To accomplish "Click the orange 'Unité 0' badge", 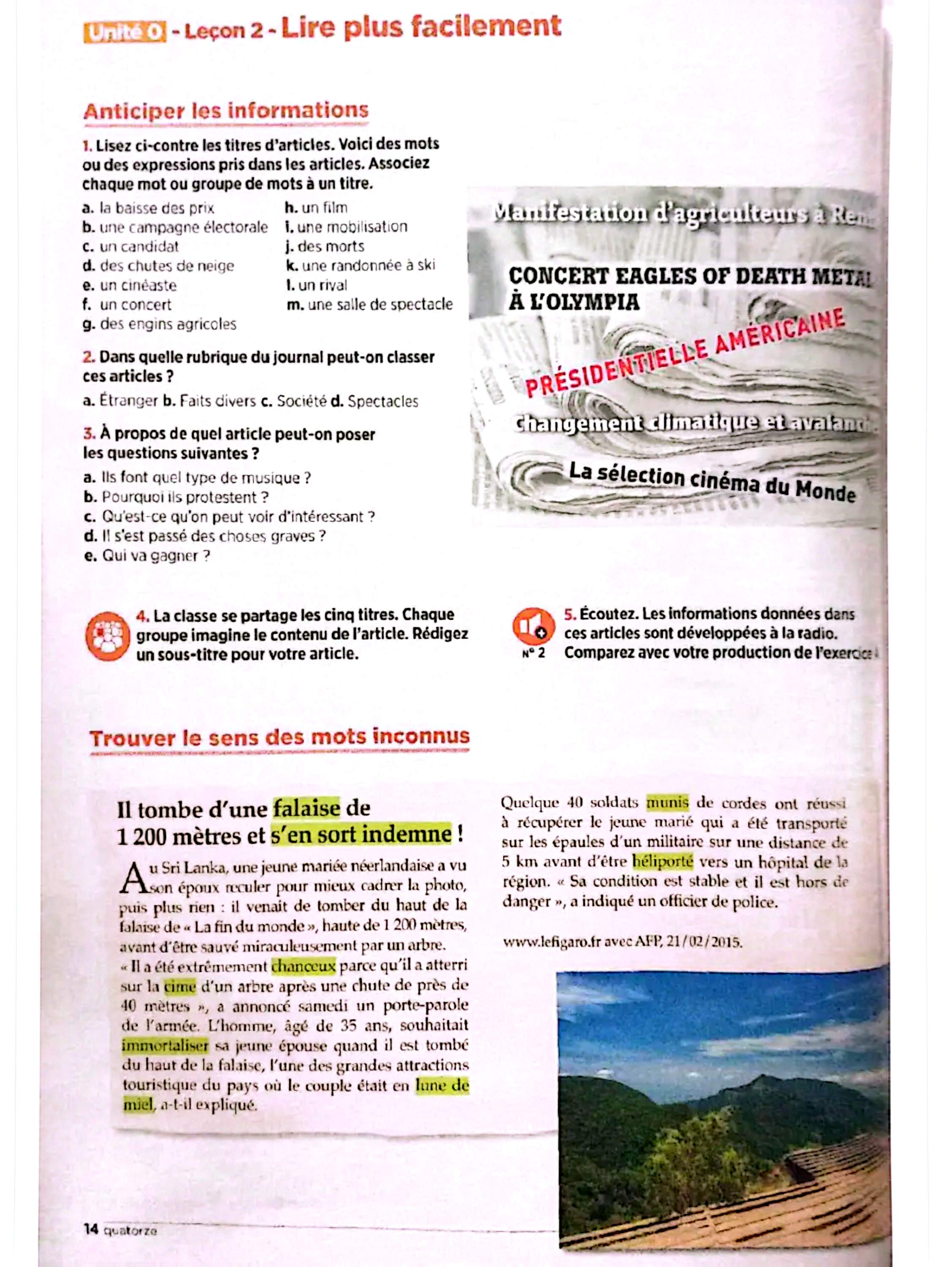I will (124, 33).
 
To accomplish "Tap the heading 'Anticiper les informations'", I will (226, 111).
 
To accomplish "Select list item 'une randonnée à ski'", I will (361, 266).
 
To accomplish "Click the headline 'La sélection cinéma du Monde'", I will (712, 482).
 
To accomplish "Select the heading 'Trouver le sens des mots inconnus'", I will (279, 738).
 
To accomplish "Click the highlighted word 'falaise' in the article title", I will (306, 808).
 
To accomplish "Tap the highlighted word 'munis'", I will (667, 803).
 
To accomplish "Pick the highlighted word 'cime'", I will (180, 986).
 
